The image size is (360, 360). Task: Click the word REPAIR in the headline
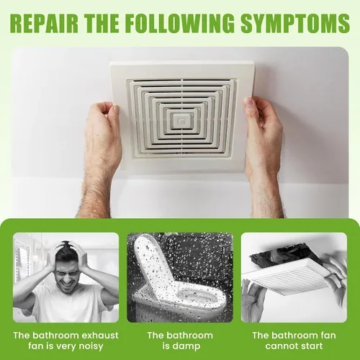pos(45,23)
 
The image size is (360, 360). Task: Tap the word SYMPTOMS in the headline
pos(295,23)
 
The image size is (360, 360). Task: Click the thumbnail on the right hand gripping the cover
pos(250,102)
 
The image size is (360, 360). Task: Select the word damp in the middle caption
pos(188,347)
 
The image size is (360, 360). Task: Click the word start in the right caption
pos(312,346)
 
